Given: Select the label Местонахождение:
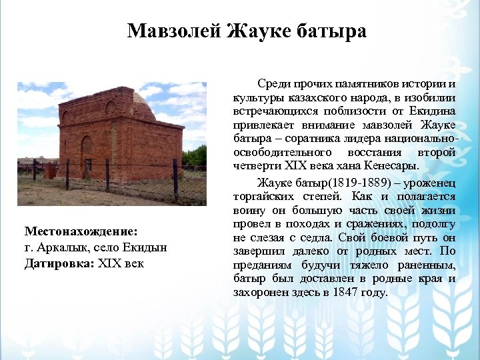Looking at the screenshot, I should (x=81, y=231).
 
